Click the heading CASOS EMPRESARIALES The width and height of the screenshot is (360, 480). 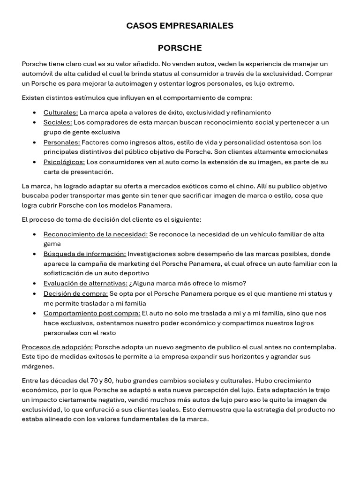pyautogui.click(x=180, y=26)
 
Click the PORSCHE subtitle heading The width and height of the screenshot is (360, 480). pyautogui.click(x=180, y=48)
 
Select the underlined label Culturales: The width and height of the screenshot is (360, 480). pyautogui.click(x=61, y=112)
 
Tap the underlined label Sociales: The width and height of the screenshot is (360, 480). pyautogui.click(x=58, y=122)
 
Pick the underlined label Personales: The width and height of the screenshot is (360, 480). pyautogui.click(x=62, y=142)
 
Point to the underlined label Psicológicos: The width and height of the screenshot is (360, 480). pyautogui.click(x=64, y=162)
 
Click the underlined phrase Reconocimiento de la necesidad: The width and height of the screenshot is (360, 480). pyautogui.click(x=96, y=234)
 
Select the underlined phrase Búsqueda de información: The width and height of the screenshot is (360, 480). pyautogui.click(x=85, y=254)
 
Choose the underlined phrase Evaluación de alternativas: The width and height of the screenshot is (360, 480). pyautogui.click(x=85, y=283)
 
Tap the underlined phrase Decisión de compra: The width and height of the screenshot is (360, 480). pyautogui.click(x=75, y=293)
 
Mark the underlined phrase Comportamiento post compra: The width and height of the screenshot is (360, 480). pyautogui.click(x=92, y=313)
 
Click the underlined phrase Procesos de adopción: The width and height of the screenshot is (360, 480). pyautogui.click(x=57, y=347)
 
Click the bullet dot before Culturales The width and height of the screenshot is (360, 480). pyautogui.click(x=35, y=112)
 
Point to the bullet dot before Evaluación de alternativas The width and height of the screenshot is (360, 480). pyautogui.click(x=35, y=283)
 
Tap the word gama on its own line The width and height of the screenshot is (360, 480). pyautogui.click(x=52, y=244)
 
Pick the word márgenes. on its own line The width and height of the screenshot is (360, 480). pyautogui.click(x=38, y=366)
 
